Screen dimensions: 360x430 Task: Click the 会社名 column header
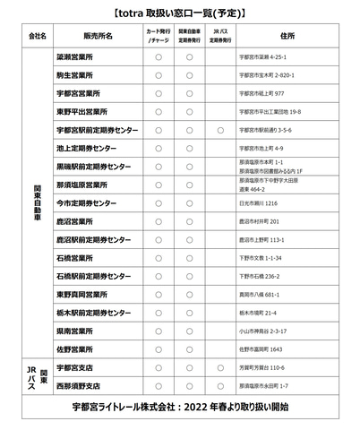[x=38, y=37]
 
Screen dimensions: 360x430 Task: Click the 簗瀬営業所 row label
[x=77, y=56]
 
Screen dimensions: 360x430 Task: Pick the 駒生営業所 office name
[x=77, y=75]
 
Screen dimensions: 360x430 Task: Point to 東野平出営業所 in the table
[x=82, y=112]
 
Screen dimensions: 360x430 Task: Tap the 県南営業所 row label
[x=77, y=330]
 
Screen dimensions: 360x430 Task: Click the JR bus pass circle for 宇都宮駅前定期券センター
[x=220, y=130]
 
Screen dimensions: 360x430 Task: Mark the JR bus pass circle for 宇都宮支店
[x=220, y=367]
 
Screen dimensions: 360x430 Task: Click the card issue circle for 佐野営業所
[x=158, y=348]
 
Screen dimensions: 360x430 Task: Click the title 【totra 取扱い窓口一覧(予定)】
[x=180, y=14]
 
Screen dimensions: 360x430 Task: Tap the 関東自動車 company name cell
[x=38, y=202]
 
